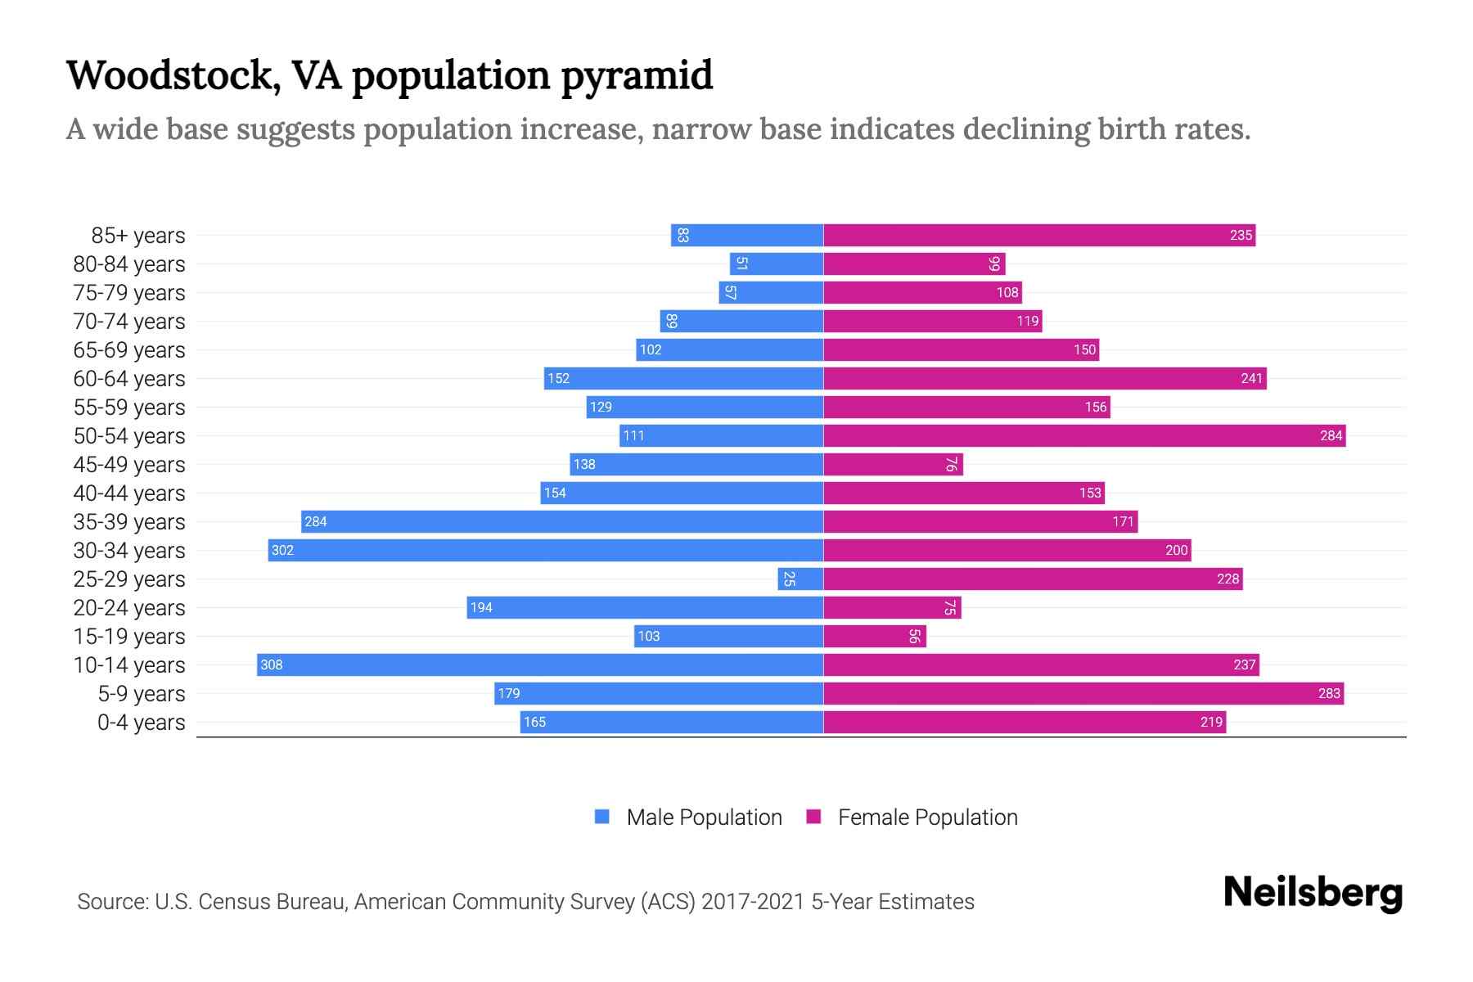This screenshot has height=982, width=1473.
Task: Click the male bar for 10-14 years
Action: pos(540,664)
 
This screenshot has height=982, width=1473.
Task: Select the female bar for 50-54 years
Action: pos(1084,435)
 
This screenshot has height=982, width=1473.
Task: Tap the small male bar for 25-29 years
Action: pos(800,579)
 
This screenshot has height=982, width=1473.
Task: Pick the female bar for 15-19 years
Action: pos(874,636)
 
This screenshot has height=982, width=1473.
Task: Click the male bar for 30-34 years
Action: pos(546,550)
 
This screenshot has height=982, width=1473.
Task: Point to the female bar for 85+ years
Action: pos(1039,235)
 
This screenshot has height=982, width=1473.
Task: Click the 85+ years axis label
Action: pos(137,236)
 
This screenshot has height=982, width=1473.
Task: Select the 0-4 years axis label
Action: pos(141,723)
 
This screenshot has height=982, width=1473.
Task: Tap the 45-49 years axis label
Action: pos(129,465)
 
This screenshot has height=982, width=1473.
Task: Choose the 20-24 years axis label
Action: pos(129,608)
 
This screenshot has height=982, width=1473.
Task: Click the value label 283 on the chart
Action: pos(1329,693)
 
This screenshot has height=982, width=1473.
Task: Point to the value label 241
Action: pos(1251,378)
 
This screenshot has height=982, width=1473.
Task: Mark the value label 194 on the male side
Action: pos(481,607)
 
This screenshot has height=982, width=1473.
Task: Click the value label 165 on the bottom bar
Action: pos(534,722)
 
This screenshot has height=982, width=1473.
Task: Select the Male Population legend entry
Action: pos(704,817)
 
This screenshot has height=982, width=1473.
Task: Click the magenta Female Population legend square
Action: pos(813,817)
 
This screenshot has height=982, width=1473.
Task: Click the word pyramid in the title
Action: pos(637,76)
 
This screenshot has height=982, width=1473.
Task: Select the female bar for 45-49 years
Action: pos(893,464)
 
